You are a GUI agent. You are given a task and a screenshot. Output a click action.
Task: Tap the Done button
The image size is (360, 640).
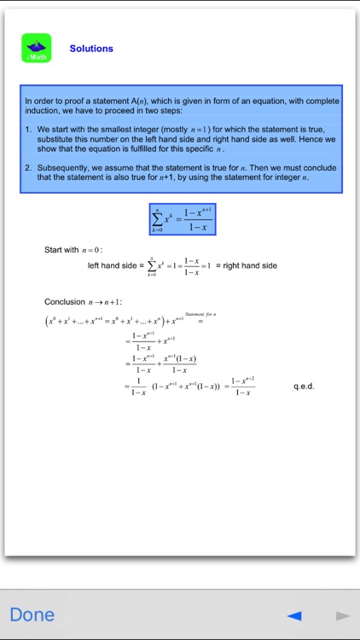pyautogui.click(x=32, y=614)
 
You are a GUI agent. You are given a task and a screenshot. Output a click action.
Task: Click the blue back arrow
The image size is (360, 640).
pyautogui.click(x=294, y=615)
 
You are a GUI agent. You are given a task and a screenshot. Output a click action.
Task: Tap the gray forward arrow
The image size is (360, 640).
pyautogui.click(x=342, y=615)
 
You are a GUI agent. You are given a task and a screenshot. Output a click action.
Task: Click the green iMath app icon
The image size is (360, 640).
pyautogui.click(x=37, y=48)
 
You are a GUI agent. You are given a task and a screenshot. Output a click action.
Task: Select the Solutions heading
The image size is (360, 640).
pyautogui.click(x=91, y=49)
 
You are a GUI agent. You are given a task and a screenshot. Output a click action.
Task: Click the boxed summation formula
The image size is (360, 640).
pyautogui.click(x=181, y=219)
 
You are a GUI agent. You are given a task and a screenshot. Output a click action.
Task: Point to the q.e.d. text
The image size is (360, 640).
pyautogui.click(x=304, y=387)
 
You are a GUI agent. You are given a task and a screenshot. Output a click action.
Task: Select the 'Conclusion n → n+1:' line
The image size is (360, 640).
pyautogui.click(x=83, y=302)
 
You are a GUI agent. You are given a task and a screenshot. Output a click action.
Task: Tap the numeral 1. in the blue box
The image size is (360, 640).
pyautogui.click(x=28, y=129)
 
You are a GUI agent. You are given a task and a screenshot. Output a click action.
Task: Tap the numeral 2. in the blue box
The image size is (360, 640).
pyautogui.click(x=28, y=167)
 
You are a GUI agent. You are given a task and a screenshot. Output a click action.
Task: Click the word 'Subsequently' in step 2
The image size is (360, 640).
pyautogui.click(x=60, y=167)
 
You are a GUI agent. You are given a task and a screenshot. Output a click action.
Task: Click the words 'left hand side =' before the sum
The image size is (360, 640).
pyautogui.click(x=112, y=266)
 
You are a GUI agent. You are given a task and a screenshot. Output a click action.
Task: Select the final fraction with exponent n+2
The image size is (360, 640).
pyautogui.click(x=242, y=387)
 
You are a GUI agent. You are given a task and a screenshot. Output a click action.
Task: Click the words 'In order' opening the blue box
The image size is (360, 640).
pyautogui.click(x=39, y=101)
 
